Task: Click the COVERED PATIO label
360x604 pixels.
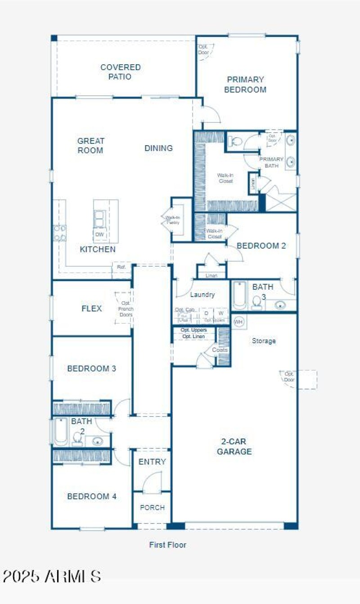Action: (121, 72)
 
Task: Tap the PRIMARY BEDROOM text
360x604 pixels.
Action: (245, 85)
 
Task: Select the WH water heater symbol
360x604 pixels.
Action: (238, 322)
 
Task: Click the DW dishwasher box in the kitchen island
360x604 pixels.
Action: (100, 234)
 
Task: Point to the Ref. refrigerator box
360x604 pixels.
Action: (121, 267)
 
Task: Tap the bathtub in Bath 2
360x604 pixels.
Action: (60, 432)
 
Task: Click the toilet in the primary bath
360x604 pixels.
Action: (234, 142)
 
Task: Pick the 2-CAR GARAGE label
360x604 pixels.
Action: (234, 446)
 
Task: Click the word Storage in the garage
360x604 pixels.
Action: (264, 341)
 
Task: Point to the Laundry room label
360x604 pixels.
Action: (202, 295)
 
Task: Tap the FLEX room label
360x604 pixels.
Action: (92, 309)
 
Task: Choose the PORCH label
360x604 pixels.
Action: (152, 507)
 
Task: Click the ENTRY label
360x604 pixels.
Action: (152, 462)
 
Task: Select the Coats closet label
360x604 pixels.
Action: (220, 349)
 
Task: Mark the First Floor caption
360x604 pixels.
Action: (167, 545)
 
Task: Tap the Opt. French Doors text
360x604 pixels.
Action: (126, 309)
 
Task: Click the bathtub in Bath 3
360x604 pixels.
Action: (239, 295)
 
